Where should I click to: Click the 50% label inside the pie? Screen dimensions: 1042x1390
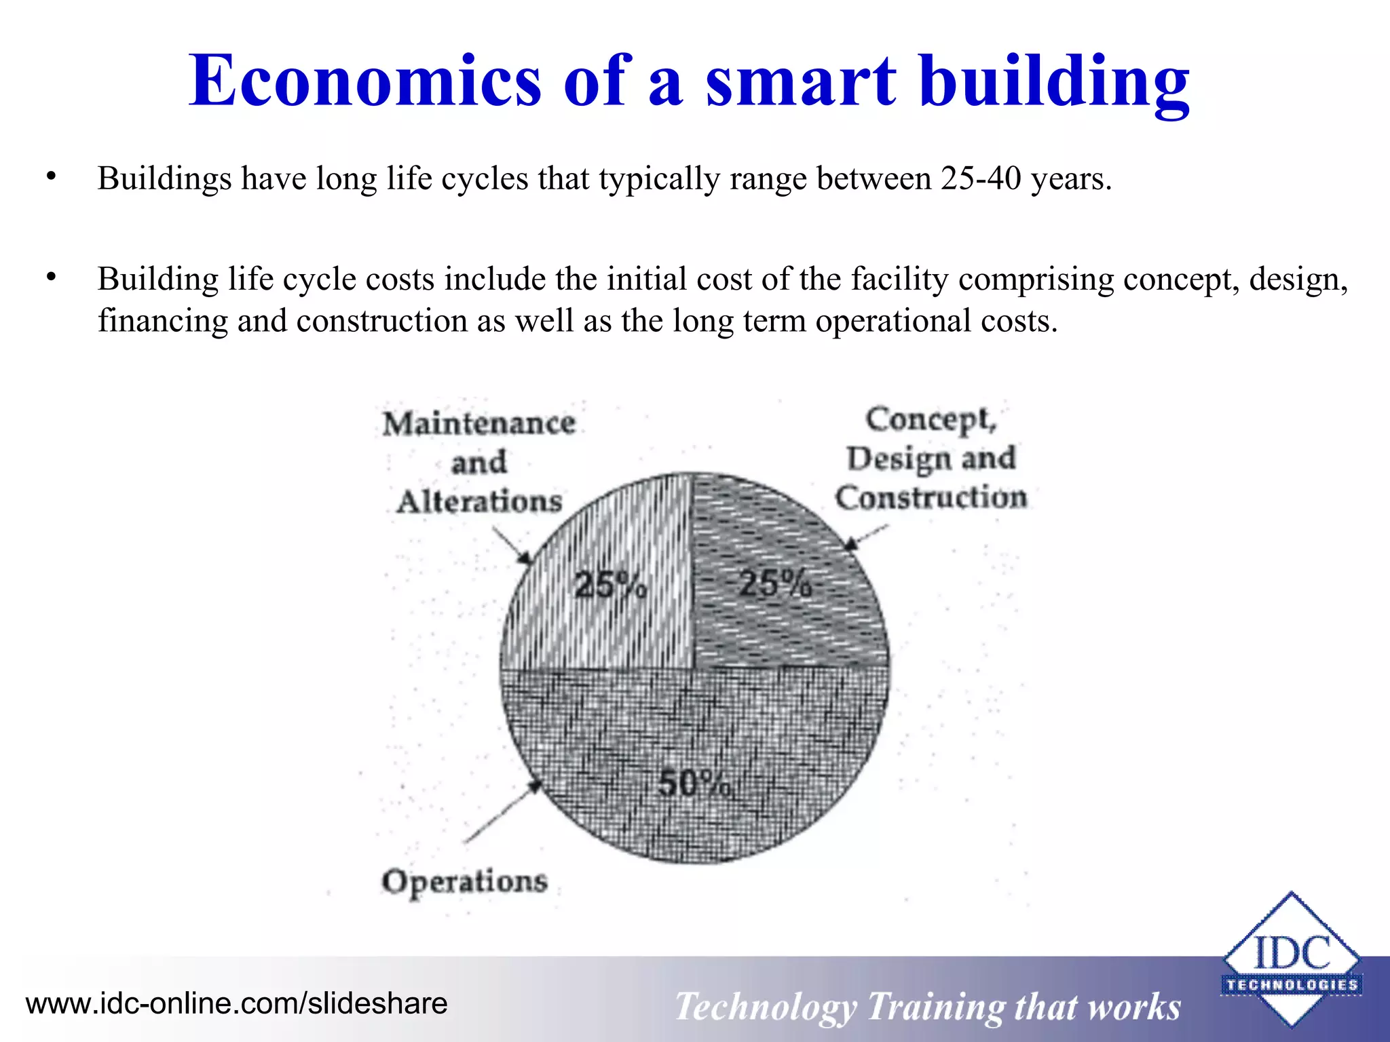click(x=694, y=784)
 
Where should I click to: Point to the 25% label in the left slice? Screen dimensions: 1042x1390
click(x=609, y=585)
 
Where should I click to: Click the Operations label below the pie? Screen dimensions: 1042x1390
click(x=464, y=882)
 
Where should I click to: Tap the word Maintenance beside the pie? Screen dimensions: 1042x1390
click(x=479, y=424)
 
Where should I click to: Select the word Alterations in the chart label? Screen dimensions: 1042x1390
click(x=479, y=502)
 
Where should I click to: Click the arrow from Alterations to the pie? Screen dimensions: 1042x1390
click(x=512, y=545)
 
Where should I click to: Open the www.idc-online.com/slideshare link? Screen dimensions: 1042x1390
click(x=236, y=1003)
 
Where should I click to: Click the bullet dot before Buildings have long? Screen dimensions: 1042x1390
click(x=51, y=177)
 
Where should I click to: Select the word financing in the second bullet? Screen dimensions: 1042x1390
click(x=162, y=320)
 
